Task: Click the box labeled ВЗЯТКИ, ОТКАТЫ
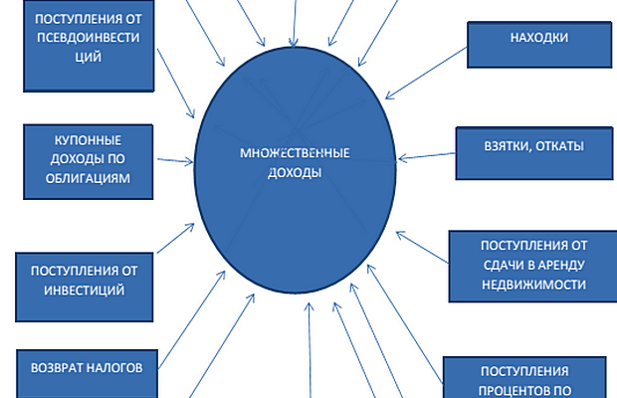[x=533, y=146]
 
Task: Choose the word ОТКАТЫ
[x=558, y=146]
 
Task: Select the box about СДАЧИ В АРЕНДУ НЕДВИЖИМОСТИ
[x=532, y=264]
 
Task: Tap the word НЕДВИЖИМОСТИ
[x=532, y=284]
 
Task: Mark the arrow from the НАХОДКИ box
[x=428, y=71]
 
